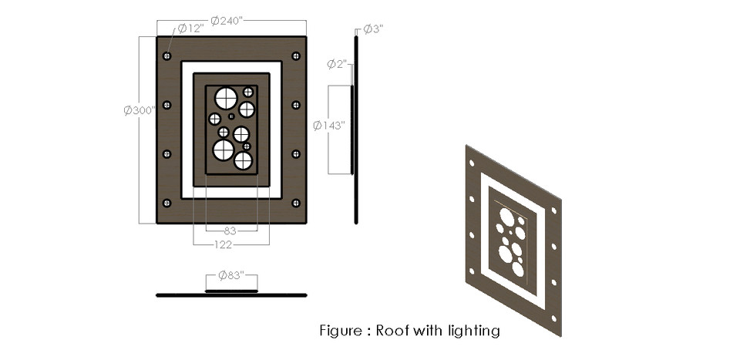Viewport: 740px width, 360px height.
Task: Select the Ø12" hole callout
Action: click(190, 29)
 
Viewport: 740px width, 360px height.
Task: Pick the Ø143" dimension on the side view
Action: click(329, 125)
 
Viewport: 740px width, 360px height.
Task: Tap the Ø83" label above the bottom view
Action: click(231, 275)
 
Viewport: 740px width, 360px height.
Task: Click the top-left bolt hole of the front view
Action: click(167, 56)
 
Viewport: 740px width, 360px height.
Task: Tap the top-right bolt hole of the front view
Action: click(296, 56)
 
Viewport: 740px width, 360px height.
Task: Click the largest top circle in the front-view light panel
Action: click(227, 98)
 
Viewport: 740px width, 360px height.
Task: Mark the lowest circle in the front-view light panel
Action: click(244, 160)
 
